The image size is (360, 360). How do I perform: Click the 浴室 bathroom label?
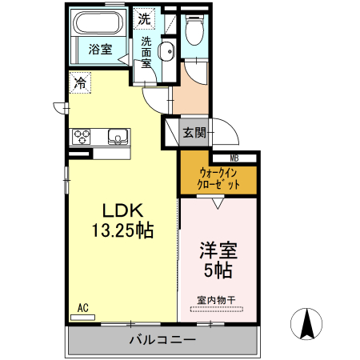pos(99,49)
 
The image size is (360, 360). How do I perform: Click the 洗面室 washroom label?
pos(147,53)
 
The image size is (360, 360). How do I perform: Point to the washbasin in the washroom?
pos(166,53)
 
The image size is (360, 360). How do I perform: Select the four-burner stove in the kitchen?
pos(82,136)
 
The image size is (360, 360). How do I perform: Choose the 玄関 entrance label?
pos(193,133)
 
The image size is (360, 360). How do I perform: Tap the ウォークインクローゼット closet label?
pos(218,177)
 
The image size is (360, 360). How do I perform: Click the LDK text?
pos(121,211)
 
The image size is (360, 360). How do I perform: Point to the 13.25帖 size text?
pos(121,231)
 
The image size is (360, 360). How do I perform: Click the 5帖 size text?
pos(216,271)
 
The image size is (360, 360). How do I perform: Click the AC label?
pos(82,307)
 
